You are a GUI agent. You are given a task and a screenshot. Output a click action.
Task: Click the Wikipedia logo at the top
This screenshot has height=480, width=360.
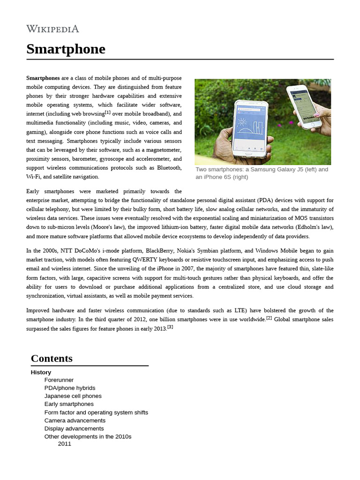coord(52,29)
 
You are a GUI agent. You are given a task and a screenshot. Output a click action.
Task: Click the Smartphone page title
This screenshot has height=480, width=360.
coord(66,49)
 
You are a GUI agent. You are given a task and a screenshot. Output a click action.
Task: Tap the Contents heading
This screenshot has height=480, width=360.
coord(52,359)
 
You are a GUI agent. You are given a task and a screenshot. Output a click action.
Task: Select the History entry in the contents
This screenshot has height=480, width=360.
coord(41,372)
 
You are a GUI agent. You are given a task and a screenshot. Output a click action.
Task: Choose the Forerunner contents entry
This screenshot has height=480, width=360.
coord(59,380)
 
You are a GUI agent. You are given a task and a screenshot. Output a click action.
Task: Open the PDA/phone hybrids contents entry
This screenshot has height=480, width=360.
coord(70,388)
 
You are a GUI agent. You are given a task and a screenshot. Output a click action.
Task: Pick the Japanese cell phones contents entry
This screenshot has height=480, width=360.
coord(73,396)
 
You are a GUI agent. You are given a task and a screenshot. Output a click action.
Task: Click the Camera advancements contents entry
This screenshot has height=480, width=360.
coord(75,420)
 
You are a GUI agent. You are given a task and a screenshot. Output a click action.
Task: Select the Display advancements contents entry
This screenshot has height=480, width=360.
coord(74,428)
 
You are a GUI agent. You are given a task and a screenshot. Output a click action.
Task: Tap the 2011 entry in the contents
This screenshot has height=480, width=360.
coord(65,443)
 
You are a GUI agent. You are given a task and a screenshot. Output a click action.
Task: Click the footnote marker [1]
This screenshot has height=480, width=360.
coord(108,112)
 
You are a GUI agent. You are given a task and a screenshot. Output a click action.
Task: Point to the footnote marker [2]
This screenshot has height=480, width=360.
coord(269,318)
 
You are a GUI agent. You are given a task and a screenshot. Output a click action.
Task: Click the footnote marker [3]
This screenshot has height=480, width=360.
coord(170,327)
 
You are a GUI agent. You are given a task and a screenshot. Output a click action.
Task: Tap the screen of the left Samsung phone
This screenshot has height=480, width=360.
coord(252,128)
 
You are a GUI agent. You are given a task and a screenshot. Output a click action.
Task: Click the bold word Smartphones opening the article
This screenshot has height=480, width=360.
coord(43,78)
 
